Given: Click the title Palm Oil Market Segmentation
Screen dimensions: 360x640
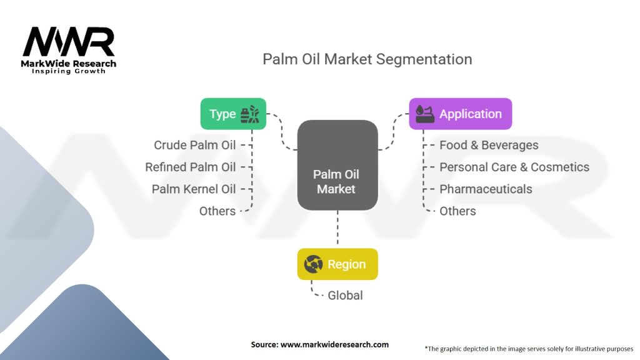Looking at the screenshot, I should click(367, 59).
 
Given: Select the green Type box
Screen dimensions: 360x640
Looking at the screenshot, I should click(233, 114).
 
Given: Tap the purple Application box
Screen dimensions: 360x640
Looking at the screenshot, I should click(460, 114).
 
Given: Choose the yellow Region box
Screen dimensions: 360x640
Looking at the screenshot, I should click(337, 264).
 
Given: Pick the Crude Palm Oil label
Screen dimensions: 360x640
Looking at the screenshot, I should click(195, 145).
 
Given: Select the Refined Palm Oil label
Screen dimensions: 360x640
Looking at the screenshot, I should click(191, 167).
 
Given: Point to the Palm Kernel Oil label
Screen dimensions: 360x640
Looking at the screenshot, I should click(194, 189).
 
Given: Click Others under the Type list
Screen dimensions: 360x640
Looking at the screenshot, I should click(217, 211).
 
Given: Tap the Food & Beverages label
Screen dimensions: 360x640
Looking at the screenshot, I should click(489, 145).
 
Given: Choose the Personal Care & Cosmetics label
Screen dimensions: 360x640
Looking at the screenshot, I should click(514, 167).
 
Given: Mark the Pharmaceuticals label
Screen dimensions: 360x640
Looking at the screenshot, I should click(486, 189).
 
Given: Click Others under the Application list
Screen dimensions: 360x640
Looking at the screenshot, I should click(457, 211).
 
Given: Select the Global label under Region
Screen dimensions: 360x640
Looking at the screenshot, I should click(345, 295).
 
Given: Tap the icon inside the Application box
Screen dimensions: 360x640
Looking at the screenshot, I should click(424, 114).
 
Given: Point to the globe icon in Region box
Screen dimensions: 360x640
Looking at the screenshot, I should click(313, 264).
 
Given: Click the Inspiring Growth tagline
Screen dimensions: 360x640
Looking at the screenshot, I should click(69, 71).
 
